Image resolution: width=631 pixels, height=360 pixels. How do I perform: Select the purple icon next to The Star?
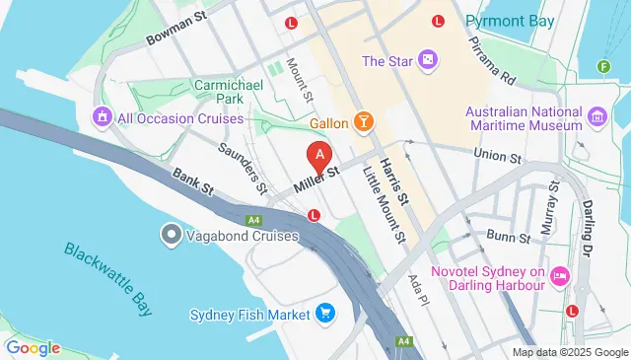(427, 61)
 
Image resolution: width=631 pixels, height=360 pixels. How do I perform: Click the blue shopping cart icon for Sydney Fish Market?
(326, 315)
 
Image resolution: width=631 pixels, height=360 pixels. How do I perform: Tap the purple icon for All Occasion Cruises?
(101, 118)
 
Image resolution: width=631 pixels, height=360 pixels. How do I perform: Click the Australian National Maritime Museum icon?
(596, 118)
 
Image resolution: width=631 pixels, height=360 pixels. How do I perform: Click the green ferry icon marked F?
(602, 67)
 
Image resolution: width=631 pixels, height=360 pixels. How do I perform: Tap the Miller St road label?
(315, 179)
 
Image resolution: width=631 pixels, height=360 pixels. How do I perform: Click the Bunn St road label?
(509, 237)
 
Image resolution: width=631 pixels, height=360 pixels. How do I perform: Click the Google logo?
(33, 347)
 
